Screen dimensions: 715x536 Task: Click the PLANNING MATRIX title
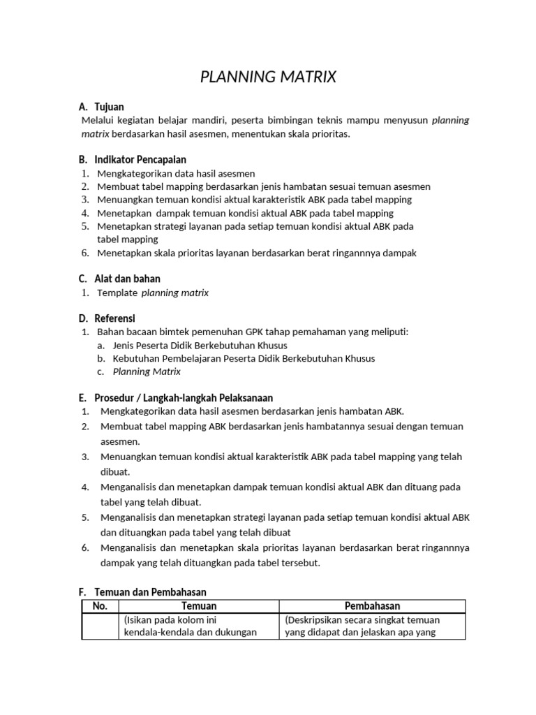tap(268, 78)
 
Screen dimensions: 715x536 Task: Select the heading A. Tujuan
tap(101, 107)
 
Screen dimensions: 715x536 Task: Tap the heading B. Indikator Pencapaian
tap(132, 160)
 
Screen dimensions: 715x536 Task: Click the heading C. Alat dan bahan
tap(119, 279)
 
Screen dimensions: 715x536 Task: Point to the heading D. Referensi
tap(107, 318)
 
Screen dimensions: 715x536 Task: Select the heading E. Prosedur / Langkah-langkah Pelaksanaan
tap(175, 397)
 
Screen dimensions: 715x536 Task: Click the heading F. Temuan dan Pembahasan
tap(142, 591)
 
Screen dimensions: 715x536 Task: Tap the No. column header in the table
tap(100, 606)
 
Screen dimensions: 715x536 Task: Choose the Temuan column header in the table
tap(199, 606)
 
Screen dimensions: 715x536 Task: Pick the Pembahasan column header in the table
tap(372, 606)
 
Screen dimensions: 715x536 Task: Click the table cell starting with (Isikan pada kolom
tap(199, 626)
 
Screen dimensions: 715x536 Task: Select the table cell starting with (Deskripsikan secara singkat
tap(372, 626)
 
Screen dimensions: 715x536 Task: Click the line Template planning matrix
tap(153, 293)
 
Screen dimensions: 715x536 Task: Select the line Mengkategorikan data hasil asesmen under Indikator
tap(176, 173)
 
